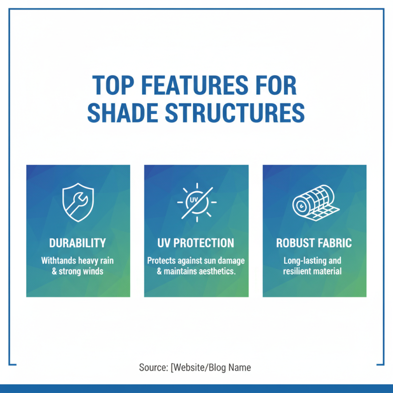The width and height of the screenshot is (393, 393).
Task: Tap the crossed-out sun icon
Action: (x=196, y=202)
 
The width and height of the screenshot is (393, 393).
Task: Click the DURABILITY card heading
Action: (x=78, y=243)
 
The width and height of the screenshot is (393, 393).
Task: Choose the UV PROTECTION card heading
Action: (x=196, y=243)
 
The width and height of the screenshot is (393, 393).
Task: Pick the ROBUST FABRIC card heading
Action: (x=314, y=243)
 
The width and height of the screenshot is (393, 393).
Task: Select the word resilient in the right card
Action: (x=297, y=271)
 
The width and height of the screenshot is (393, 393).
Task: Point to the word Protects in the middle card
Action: (x=162, y=260)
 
